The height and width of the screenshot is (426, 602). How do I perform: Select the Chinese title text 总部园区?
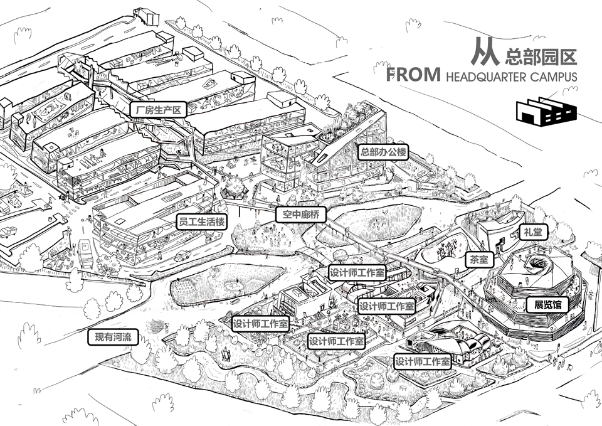tap(539, 56)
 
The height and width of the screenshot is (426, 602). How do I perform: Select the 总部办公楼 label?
tap(383, 151)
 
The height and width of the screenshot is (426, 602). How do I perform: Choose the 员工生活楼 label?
tap(201, 221)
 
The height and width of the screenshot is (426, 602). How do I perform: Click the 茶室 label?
tap(480, 258)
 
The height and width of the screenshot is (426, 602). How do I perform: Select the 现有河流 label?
tap(112, 337)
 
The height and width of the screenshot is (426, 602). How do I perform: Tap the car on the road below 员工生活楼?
tap(182, 255)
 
